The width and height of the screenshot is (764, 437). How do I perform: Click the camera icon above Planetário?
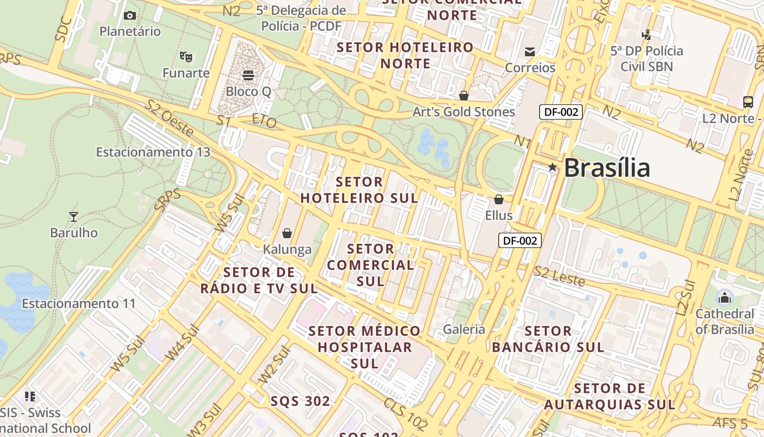(130, 15)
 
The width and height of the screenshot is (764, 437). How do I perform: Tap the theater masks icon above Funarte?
(186, 56)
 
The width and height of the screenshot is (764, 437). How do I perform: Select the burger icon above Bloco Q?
(248, 75)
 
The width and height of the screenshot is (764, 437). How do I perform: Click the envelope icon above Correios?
(530, 52)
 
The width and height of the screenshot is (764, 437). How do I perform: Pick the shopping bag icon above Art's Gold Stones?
(464, 96)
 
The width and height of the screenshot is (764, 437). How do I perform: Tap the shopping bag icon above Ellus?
(499, 199)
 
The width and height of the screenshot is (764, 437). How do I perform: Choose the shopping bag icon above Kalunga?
(287, 234)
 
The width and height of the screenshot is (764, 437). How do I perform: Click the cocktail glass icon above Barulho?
(74, 216)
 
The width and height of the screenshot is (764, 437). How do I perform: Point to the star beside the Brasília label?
(552, 167)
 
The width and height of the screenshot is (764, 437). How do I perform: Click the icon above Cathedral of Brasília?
(725, 298)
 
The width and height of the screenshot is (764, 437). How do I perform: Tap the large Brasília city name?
(606, 167)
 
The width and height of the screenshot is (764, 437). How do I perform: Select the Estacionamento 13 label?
(153, 152)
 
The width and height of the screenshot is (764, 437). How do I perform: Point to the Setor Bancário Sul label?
(548, 339)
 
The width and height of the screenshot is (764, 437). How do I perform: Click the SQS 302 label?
(301, 401)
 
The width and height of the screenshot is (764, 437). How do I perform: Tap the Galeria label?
(464, 329)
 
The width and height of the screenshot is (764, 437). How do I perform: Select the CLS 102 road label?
(405, 414)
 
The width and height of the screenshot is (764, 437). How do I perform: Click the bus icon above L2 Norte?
(748, 102)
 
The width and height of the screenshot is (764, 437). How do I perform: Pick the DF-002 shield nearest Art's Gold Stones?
(561, 112)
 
